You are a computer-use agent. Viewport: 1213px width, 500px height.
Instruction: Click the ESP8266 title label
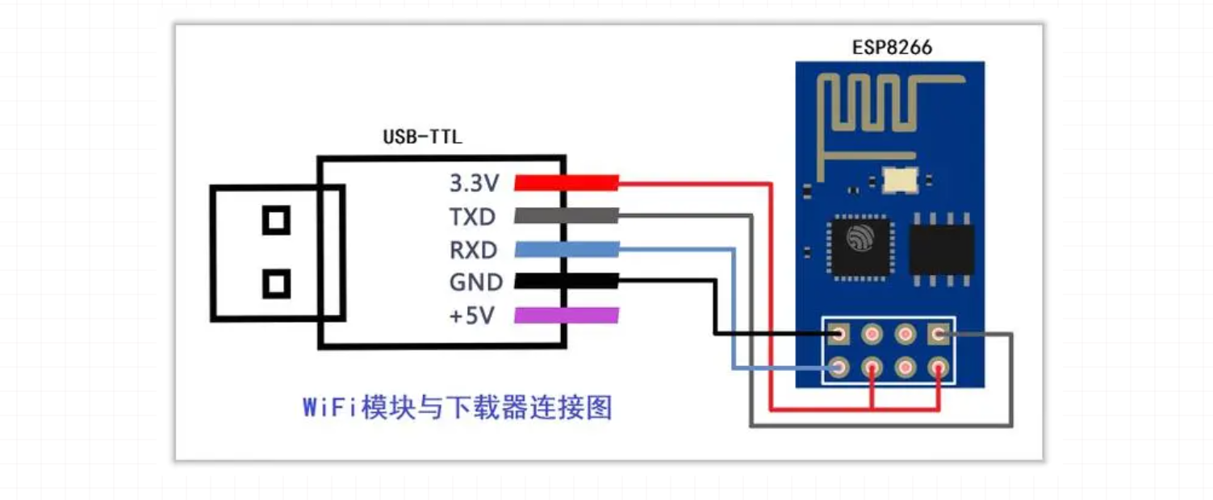point(892,48)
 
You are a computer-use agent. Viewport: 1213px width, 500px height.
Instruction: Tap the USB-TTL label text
point(422,137)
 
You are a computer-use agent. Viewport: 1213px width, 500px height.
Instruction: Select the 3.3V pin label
point(475,184)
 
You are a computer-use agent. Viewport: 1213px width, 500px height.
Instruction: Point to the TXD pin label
point(473,217)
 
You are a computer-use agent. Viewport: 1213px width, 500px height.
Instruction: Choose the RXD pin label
point(473,250)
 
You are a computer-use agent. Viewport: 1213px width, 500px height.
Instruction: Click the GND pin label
point(475,282)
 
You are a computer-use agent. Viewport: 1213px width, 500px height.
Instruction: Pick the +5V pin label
point(471,316)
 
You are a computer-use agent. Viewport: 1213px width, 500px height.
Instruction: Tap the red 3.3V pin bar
point(567,183)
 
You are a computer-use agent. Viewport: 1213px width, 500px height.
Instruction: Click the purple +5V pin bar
point(567,315)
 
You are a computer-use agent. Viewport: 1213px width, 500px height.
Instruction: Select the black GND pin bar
point(567,281)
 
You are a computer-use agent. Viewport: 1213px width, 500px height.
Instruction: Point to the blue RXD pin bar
point(567,249)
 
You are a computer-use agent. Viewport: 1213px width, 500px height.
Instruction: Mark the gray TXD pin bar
point(567,216)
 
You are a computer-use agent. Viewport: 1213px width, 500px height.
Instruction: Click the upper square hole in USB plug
point(276,219)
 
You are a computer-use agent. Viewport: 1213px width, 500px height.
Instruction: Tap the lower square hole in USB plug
point(276,283)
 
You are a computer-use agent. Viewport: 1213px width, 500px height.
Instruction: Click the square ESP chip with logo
point(860,245)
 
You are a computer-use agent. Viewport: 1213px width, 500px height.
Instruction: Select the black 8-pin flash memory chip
point(941,248)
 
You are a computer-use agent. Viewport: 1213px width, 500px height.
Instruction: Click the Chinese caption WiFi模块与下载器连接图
point(458,408)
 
